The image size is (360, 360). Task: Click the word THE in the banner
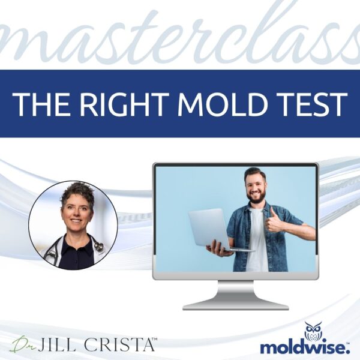pos(40,103)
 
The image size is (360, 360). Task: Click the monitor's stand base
pos(235,304)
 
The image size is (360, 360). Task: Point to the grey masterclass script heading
pos(180,36)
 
